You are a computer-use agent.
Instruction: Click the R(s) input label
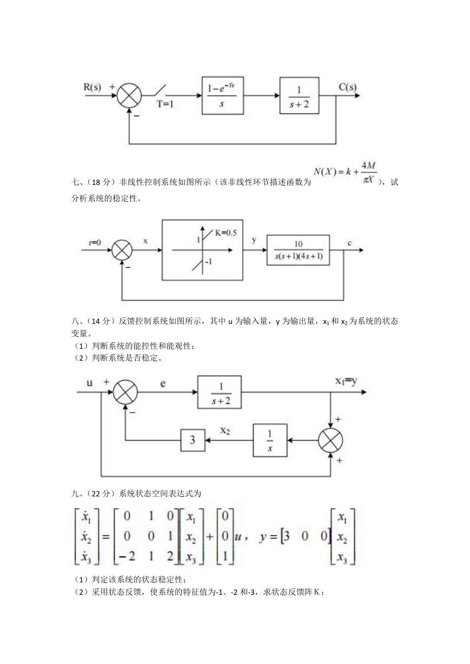pos(92,87)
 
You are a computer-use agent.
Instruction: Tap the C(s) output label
pos(348,87)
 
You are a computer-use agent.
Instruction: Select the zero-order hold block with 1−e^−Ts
pos(223,96)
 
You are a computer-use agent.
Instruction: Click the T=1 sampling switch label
pos(165,104)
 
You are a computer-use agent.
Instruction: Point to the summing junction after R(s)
pos(129,96)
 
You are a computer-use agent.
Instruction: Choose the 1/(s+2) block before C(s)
pos(300,96)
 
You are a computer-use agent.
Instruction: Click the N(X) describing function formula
pos(345,172)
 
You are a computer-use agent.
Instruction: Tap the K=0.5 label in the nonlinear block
pos(226,233)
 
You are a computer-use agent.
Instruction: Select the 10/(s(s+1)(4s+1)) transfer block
pos(299,250)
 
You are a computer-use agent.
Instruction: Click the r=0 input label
pos(95,243)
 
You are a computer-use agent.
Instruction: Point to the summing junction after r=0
pos(122,250)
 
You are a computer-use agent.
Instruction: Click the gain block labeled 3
pos(193,440)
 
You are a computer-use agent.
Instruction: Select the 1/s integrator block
pos(270,440)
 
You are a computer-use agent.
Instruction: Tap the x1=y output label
pos(346,381)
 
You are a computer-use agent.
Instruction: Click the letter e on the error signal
pos(163,383)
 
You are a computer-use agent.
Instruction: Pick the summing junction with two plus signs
pos(330,440)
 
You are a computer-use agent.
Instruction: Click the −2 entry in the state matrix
pos(127,556)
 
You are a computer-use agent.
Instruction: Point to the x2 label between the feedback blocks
pos(225,431)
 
